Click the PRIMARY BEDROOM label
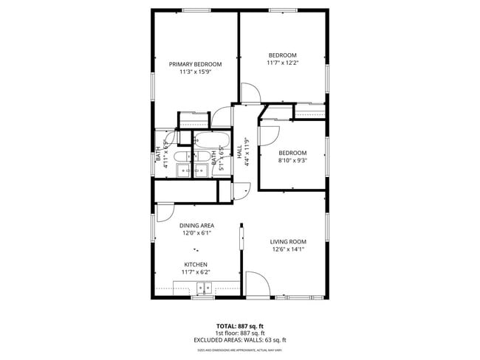[195, 64]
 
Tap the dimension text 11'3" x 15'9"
[195, 72]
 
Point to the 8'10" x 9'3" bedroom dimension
[292, 161]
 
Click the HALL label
[239, 150]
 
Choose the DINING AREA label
[196, 226]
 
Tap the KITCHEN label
[196, 264]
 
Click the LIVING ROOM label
[288, 242]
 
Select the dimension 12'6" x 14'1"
[288, 249]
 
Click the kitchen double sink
[202, 289]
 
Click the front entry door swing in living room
[257, 285]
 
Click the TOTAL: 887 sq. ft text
[240, 326]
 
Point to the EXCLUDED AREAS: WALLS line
[240, 340]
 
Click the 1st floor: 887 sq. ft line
[240, 333]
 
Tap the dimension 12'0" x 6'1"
[196, 233]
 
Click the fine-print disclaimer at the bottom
[240, 349]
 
